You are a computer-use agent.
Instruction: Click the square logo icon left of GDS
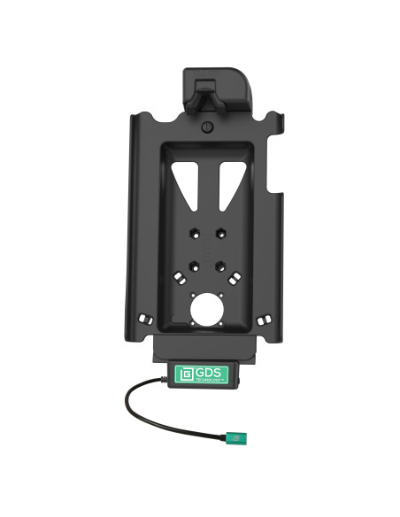coord(184,374)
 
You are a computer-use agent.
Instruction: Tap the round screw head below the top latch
coord(205,127)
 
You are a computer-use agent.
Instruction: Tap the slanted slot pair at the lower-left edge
coord(147,315)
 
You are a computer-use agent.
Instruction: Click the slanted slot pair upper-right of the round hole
coord(233,279)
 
